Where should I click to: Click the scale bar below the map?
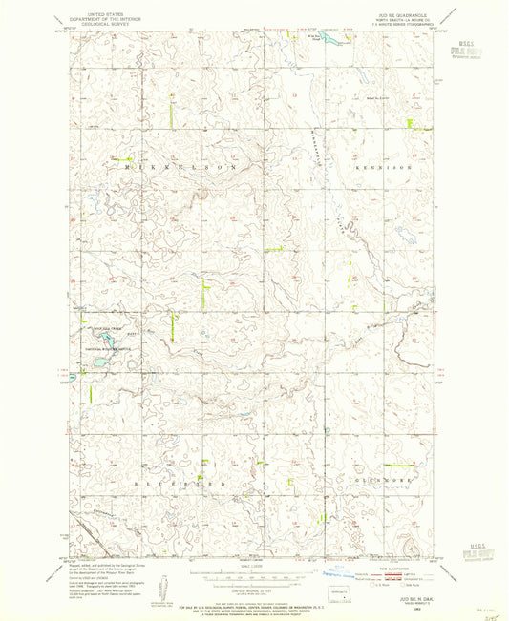(x=252, y=575)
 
